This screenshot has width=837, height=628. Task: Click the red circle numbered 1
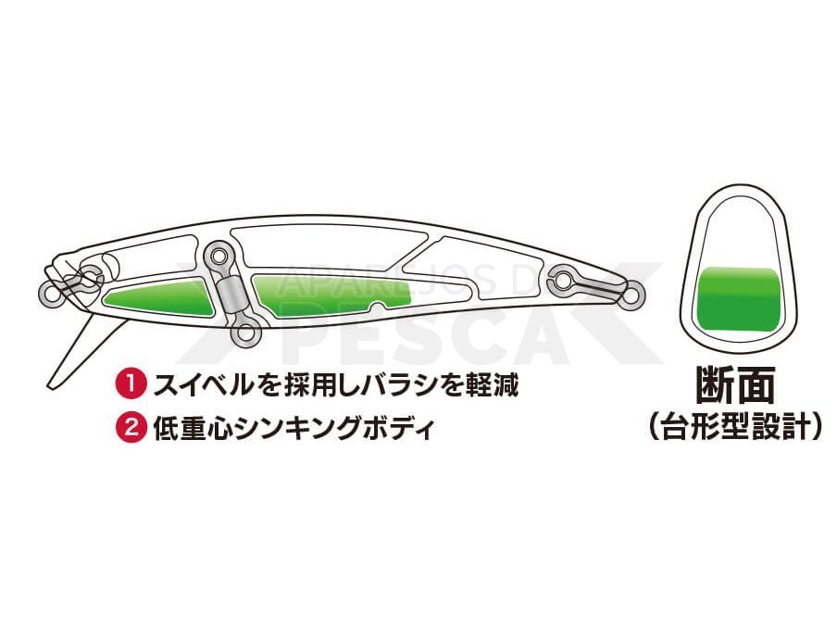[x=131, y=385]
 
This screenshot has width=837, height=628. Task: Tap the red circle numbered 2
[x=131, y=428]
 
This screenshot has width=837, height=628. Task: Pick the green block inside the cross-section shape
[x=737, y=298]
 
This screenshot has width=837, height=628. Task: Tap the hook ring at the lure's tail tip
[x=633, y=294]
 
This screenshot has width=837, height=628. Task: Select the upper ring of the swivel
[x=219, y=256]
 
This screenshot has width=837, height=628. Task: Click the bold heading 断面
[x=735, y=385]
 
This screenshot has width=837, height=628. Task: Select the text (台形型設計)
[x=735, y=426]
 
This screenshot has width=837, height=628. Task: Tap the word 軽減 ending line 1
[x=491, y=385]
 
